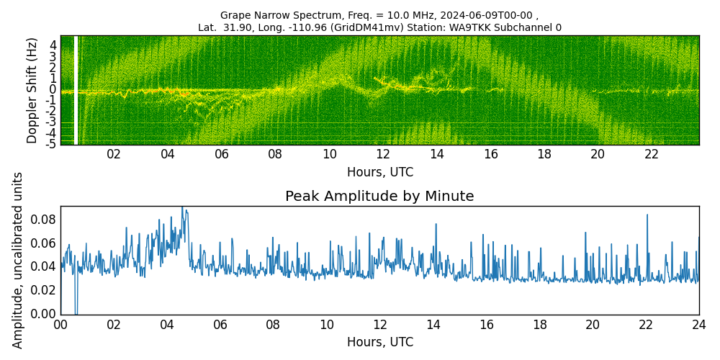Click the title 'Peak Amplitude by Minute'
(379, 197)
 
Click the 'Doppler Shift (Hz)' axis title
(32, 90)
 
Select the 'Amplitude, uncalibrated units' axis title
(18, 260)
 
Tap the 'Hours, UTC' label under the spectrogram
(379, 173)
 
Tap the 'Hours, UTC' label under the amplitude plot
(379, 343)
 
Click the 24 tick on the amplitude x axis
(698, 325)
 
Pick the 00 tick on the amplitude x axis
(60, 325)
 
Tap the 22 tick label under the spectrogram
(651, 154)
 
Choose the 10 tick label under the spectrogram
(329, 154)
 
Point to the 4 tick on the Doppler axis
(53, 45)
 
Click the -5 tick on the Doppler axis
(51, 144)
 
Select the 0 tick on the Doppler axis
(53, 89)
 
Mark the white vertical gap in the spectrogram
(76, 90)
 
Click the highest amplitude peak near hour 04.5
(182, 209)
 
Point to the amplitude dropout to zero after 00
(76, 310)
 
